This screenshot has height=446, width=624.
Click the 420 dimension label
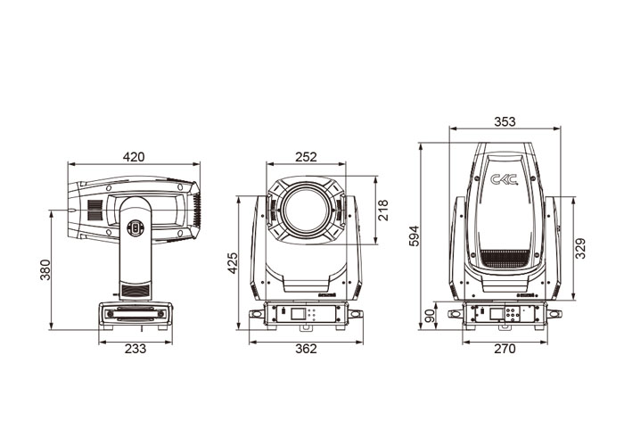pos(134,157)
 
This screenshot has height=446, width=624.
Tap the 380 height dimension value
pos(45,269)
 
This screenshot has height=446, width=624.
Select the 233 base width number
pos(135,349)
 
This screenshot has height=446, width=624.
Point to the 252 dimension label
pos(306,157)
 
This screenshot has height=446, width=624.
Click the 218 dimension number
pos(382,211)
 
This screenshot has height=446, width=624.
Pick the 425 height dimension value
pos(232,263)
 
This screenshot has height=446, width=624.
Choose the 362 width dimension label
pos(306,349)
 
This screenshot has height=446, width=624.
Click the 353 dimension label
pos(505,121)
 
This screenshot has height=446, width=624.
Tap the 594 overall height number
pos(415,236)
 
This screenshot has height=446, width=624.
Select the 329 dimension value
pos(581,248)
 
